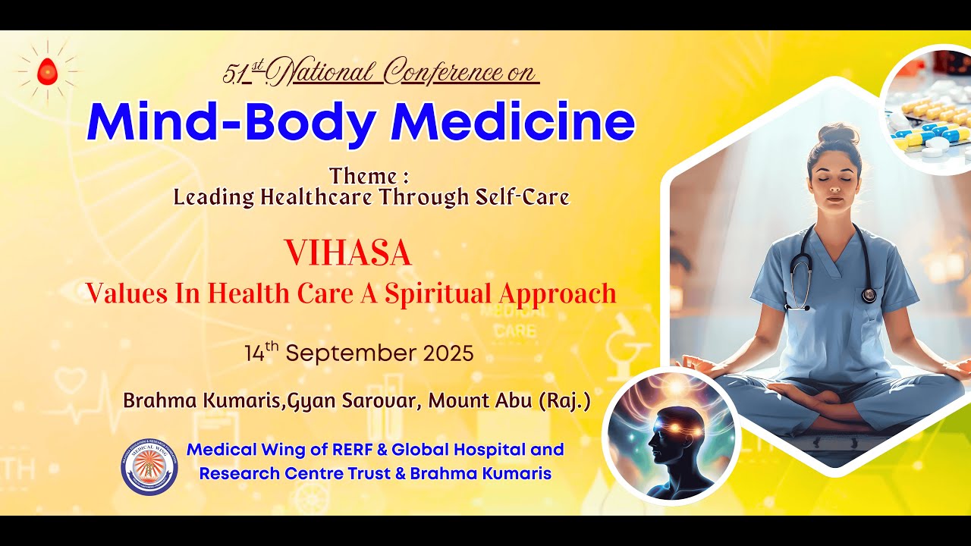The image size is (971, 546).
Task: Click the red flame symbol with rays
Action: click(47, 71)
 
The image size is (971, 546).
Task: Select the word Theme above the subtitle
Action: click(363, 177)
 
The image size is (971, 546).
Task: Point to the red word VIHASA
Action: click(348, 253)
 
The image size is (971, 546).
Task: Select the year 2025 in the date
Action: click(445, 353)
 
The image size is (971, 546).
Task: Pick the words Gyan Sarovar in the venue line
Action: click(353, 401)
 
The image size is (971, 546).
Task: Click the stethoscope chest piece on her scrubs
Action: click(869, 295)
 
